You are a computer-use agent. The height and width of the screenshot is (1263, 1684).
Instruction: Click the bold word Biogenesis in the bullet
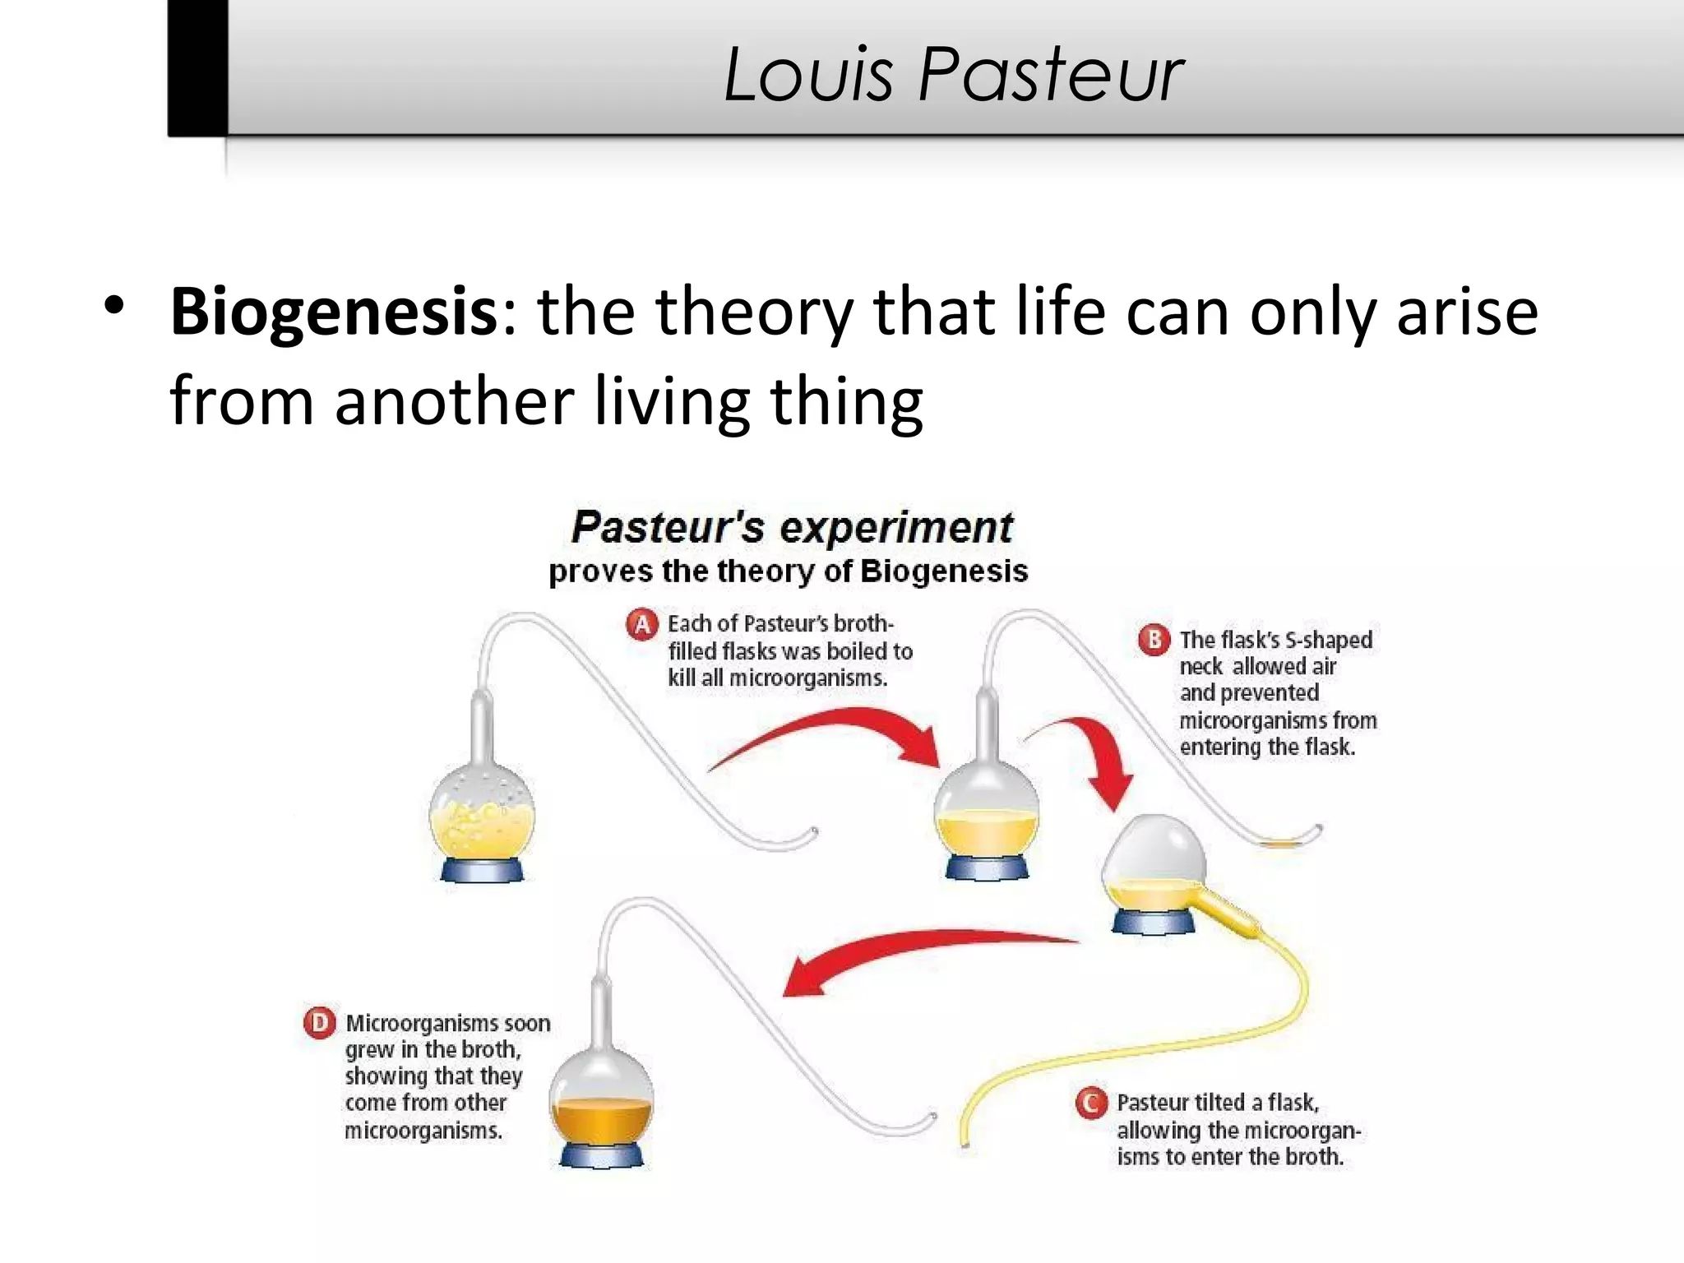333,312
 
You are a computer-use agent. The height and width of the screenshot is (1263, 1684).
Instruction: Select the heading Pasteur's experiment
792,527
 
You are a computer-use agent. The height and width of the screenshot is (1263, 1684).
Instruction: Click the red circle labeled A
642,624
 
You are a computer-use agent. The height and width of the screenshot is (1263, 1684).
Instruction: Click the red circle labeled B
1154,640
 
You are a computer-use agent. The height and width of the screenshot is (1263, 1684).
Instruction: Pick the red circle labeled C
1091,1103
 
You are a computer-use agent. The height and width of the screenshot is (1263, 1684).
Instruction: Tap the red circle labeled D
319,1023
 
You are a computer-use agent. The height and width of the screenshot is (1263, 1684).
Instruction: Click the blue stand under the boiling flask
482,869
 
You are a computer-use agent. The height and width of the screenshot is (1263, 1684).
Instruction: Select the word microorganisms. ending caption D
423,1131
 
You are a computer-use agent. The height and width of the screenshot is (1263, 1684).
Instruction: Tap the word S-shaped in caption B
1329,640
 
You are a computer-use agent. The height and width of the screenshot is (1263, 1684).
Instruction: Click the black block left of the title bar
198,67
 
